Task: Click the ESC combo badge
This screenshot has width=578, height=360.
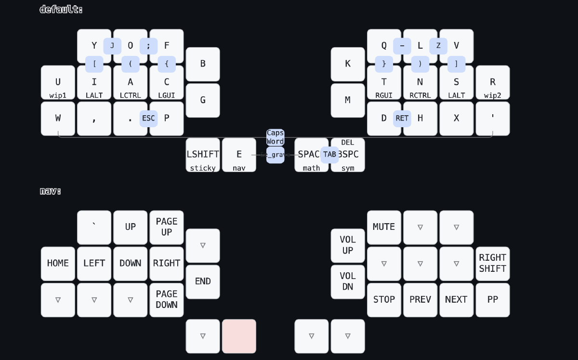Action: click(x=148, y=119)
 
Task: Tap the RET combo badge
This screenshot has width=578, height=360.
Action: click(x=402, y=119)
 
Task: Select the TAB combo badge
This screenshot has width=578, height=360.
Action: click(x=329, y=155)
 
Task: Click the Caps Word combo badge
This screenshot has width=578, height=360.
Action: click(x=275, y=137)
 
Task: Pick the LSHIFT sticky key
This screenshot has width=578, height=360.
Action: click(x=203, y=155)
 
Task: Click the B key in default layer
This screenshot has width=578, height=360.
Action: click(x=203, y=64)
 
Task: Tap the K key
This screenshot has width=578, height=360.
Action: click(x=348, y=64)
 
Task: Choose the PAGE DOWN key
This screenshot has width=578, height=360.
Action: click(x=167, y=300)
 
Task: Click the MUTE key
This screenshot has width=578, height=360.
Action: click(x=384, y=227)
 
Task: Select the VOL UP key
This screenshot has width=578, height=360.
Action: click(x=348, y=245)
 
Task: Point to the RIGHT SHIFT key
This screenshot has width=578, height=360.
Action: click(x=493, y=264)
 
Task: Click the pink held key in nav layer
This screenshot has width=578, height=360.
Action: click(x=239, y=336)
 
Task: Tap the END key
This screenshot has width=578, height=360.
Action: click(x=203, y=281)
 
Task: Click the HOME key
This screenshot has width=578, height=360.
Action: click(x=58, y=264)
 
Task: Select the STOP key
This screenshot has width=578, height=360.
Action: click(x=384, y=300)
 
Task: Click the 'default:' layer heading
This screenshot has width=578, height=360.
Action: click(x=61, y=9)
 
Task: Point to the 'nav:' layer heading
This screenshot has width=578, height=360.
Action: click(x=50, y=191)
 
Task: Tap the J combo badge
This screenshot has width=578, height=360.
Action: click(x=112, y=46)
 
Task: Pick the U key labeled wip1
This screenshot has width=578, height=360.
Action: click(x=58, y=82)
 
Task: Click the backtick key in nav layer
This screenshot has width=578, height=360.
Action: click(x=94, y=227)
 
